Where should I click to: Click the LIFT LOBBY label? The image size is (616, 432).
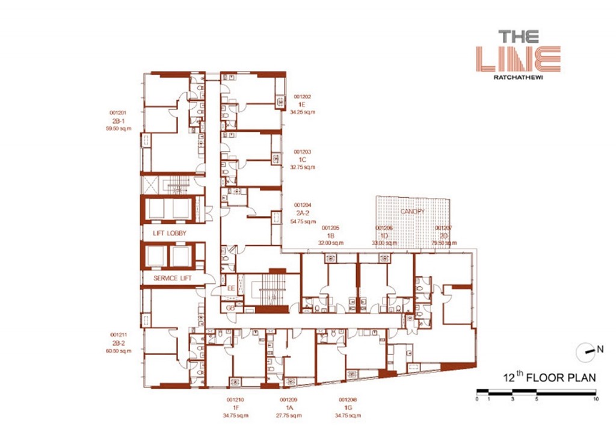165,233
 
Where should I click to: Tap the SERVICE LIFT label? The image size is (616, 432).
171,279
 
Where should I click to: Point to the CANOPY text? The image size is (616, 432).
413,212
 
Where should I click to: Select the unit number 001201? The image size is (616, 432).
117,113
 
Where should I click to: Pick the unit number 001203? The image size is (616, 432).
302,152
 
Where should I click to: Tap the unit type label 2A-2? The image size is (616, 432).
302,214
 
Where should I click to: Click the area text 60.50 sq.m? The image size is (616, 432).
117,350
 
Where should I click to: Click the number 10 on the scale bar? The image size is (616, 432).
595,399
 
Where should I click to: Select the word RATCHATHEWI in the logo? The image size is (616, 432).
518,77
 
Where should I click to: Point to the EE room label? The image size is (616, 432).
231,288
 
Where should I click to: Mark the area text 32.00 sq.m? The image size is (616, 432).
331,243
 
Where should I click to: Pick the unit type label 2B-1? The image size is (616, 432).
117,120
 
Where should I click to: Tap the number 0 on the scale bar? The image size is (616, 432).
477,399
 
